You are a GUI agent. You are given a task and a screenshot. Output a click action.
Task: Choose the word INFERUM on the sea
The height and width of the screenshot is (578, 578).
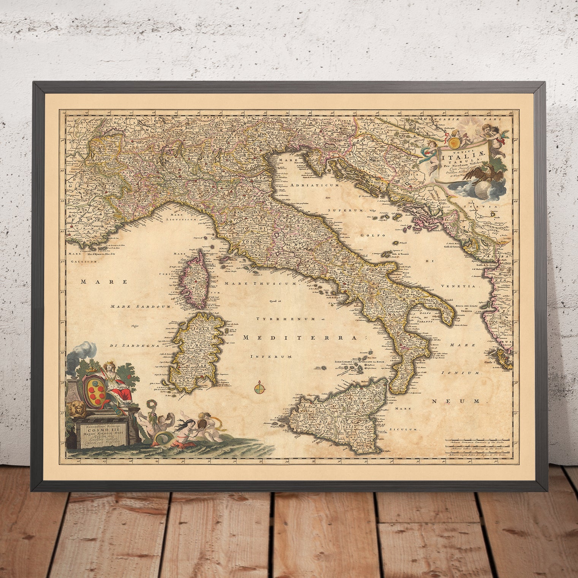point(271,356)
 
